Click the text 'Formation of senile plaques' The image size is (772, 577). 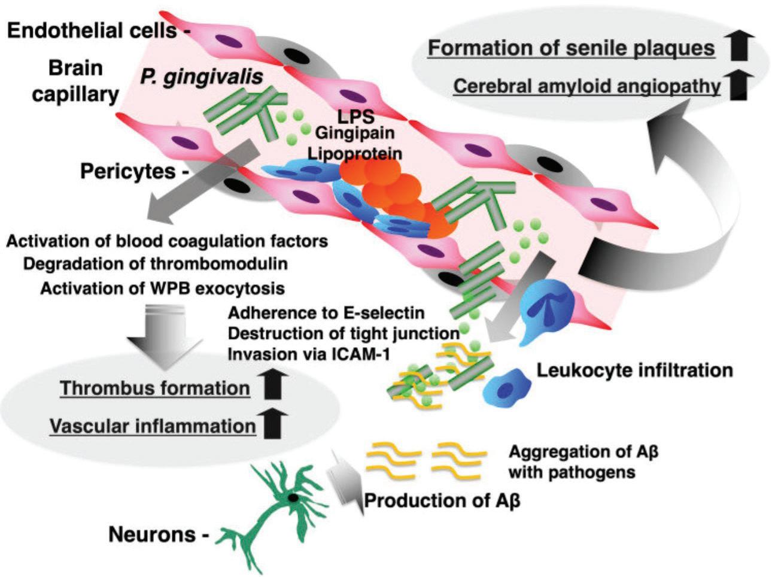[x=571, y=48]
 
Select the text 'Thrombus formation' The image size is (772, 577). [x=155, y=388]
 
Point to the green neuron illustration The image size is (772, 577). [x=281, y=503]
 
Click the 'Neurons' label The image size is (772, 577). [x=153, y=535]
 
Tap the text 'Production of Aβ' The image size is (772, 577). [x=442, y=500]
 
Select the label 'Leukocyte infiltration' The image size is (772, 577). [x=634, y=370]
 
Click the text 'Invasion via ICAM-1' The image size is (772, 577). [x=308, y=353]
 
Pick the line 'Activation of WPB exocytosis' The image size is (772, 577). [x=162, y=288]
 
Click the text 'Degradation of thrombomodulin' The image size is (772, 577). [x=156, y=264]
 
